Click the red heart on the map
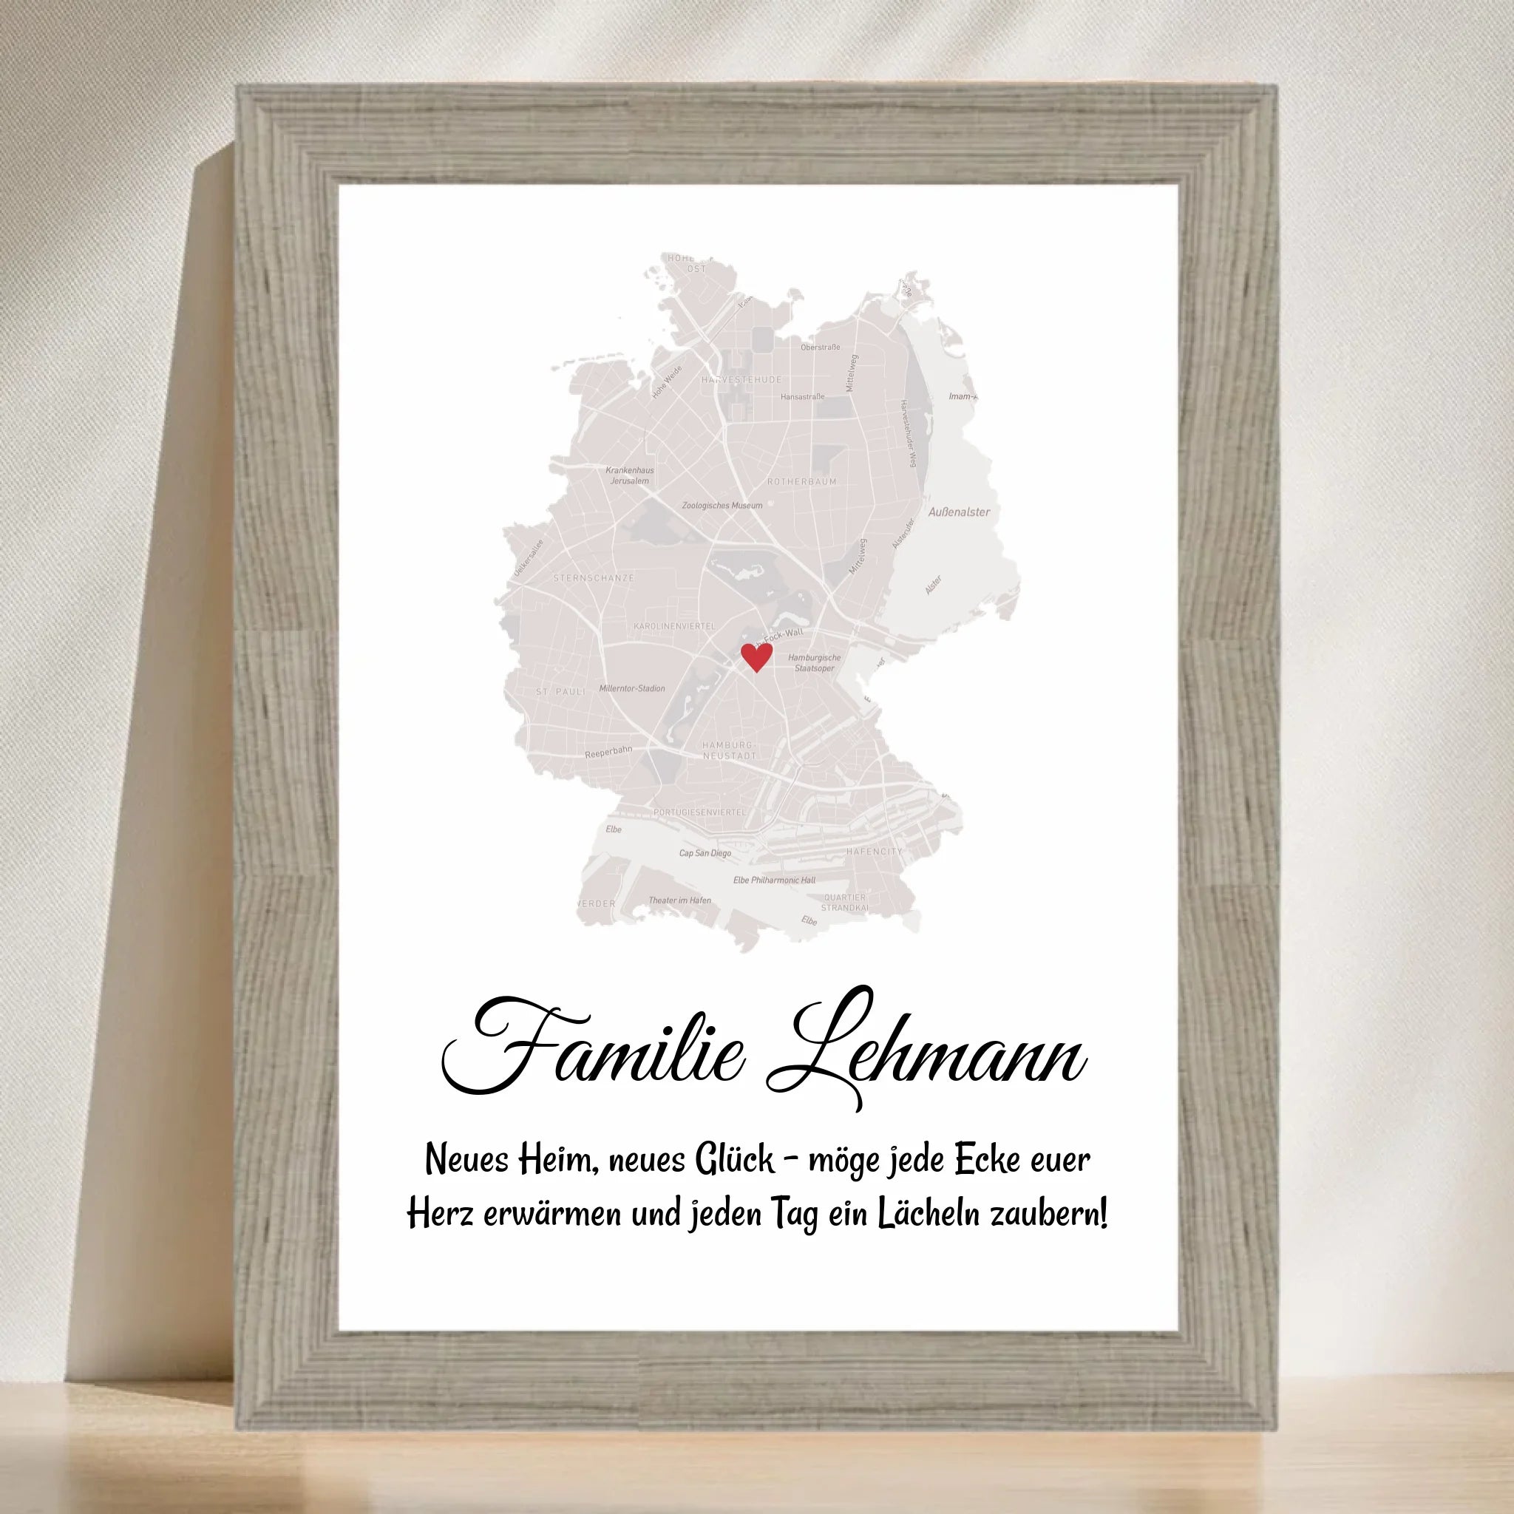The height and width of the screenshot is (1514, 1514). click(x=756, y=656)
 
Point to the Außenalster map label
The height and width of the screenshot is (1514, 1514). click(x=958, y=512)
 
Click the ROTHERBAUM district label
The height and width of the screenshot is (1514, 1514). click(x=801, y=482)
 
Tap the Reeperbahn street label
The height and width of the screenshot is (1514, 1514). click(x=608, y=753)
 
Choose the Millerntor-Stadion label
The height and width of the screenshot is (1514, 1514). click(x=631, y=689)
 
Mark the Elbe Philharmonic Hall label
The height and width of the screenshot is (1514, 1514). click(x=774, y=880)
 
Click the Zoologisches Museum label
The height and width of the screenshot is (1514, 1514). click(x=722, y=506)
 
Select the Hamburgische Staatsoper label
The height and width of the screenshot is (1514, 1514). click(x=814, y=663)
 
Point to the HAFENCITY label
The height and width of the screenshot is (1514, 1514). click(x=874, y=851)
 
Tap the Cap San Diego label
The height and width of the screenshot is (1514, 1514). click(x=705, y=853)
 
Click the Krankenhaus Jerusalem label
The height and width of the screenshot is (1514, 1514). click(x=629, y=475)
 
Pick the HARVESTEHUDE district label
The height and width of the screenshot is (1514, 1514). click(x=741, y=380)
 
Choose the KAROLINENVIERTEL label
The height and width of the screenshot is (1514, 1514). click(x=674, y=626)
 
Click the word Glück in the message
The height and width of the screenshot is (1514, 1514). click(x=734, y=1160)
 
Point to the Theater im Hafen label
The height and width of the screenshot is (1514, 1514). click(x=679, y=900)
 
